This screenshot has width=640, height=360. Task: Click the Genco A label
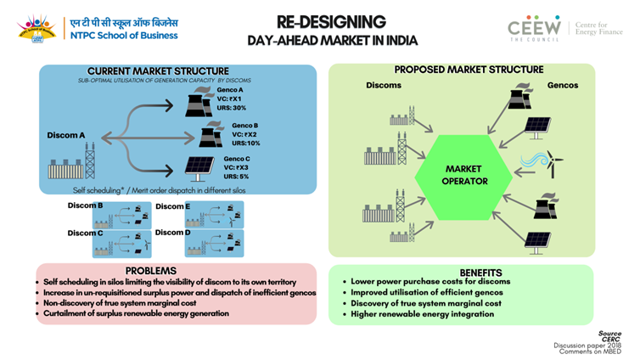click(x=233, y=89)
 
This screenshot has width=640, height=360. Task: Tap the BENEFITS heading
click(x=482, y=273)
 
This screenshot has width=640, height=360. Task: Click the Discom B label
click(x=86, y=206)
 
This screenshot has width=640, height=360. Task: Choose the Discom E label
click(x=172, y=206)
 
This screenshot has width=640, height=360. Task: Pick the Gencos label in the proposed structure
click(x=563, y=86)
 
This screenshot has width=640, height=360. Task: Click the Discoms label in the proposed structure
click(x=384, y=86)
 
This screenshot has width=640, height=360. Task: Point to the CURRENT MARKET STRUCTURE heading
click(x=158, y=70)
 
